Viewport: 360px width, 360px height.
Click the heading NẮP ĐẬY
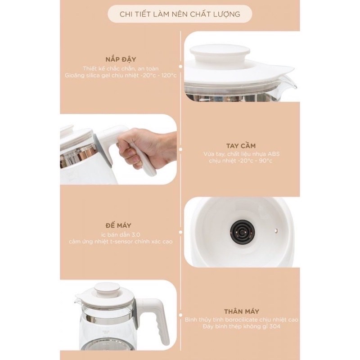tap(121, 59)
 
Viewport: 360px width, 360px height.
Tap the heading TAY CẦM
tap(241, 146)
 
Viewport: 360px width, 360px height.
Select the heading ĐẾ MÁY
tap(118, 225)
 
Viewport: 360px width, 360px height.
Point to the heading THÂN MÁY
tap(242, 311)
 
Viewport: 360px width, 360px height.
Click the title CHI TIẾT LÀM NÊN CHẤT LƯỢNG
tap(180, 14)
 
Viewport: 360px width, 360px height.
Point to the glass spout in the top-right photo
tap(290, 82)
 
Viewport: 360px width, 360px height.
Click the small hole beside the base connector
tap(276, 230)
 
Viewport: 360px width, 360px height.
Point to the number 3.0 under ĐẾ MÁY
tap(135, 234)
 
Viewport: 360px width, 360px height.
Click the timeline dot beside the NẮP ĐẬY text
tap(181, 66)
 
